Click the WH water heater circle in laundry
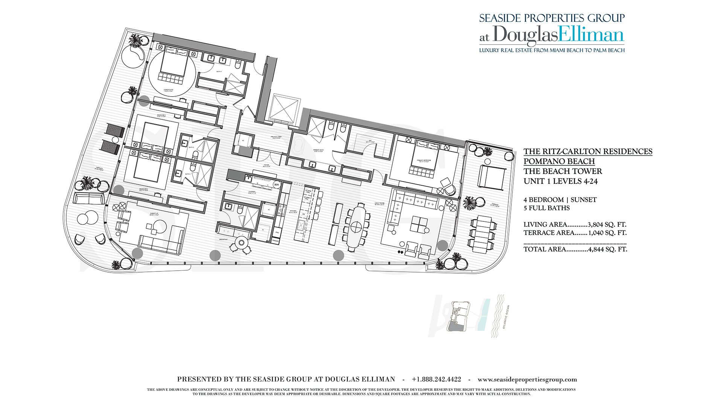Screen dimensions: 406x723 pyautogui.click(x=277, y=185)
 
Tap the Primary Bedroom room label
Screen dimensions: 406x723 pyautogui.click(x=424, y=161)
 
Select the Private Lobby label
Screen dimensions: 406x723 pyautogui.click(x=277, y=137)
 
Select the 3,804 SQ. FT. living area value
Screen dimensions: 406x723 pyautogui.click(x=607, y=224)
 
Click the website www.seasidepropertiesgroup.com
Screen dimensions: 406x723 pyautogui.click(x=527, y=379)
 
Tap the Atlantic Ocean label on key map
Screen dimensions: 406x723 pyautogui.click(x=506, y=317)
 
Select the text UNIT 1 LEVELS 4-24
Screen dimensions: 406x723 pyautogui.click(x=560, y=181)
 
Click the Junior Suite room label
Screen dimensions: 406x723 pyautogui.click(x=169, y=90)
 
